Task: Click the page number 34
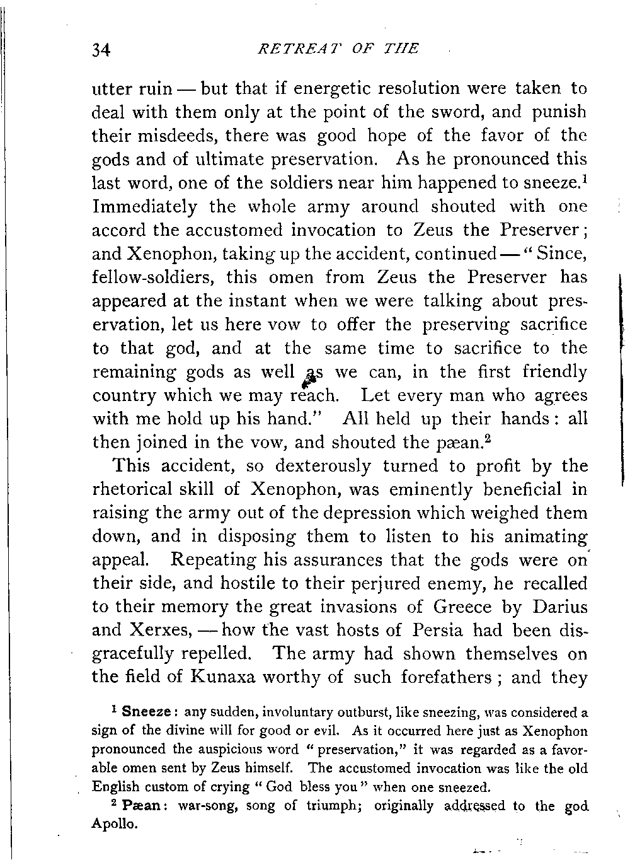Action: click(x=101, y=49)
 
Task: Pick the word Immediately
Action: click(x=145, y=207)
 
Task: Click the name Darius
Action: click(x=555, y=608)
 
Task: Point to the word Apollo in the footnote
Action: click(x=113, y=824)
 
